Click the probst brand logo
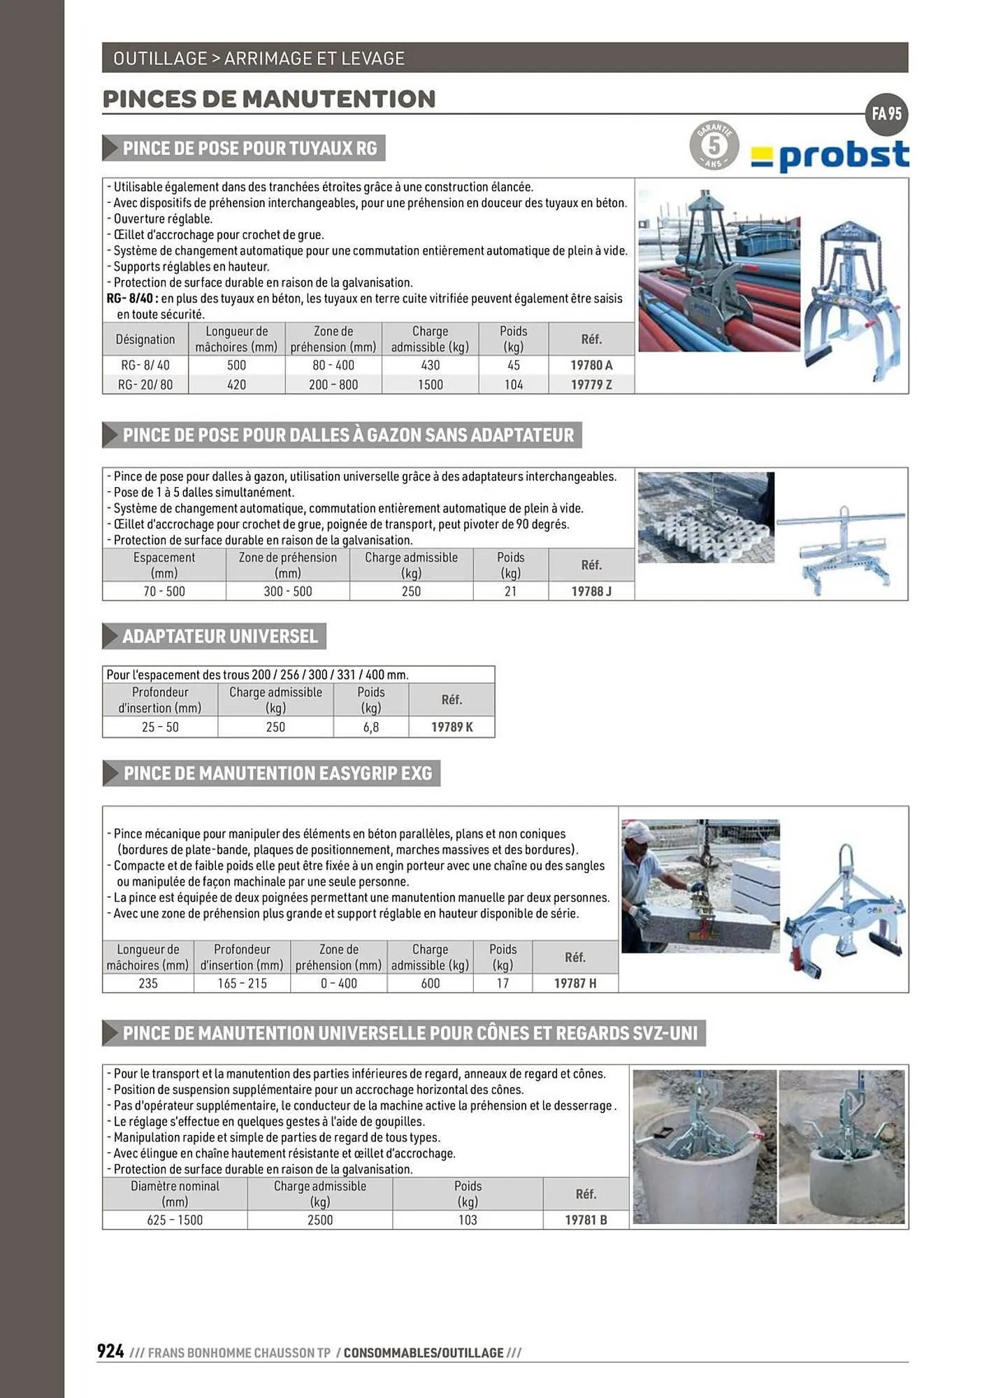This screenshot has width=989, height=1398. pos(830,157)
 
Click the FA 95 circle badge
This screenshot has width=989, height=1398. pos(886,114)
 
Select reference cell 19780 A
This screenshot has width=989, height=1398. pos(591,365)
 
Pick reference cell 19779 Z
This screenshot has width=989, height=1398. pos(591,384)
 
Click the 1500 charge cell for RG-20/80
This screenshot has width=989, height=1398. pos(430,384)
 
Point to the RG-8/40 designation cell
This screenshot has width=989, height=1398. pos(145,365)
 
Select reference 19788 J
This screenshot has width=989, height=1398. pos(591,591)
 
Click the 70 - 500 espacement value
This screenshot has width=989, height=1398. pos(164,591)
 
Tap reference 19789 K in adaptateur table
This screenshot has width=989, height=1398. pos(452,727)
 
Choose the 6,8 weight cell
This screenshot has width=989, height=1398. pos(370,727)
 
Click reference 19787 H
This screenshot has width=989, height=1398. pos(575,983)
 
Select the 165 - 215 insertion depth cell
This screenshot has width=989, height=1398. pos(242,983)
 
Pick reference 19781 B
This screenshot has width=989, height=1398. pos(586,1220)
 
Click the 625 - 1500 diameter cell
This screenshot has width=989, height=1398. pos(175,1220)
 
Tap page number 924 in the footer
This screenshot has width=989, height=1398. pos(111,1351)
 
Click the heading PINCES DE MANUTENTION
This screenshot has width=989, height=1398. pos(269,99)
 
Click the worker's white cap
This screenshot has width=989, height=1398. pos(638,830)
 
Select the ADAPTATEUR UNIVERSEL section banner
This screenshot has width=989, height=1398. pos(219,636)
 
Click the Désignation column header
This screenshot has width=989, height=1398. pos(145,339)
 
